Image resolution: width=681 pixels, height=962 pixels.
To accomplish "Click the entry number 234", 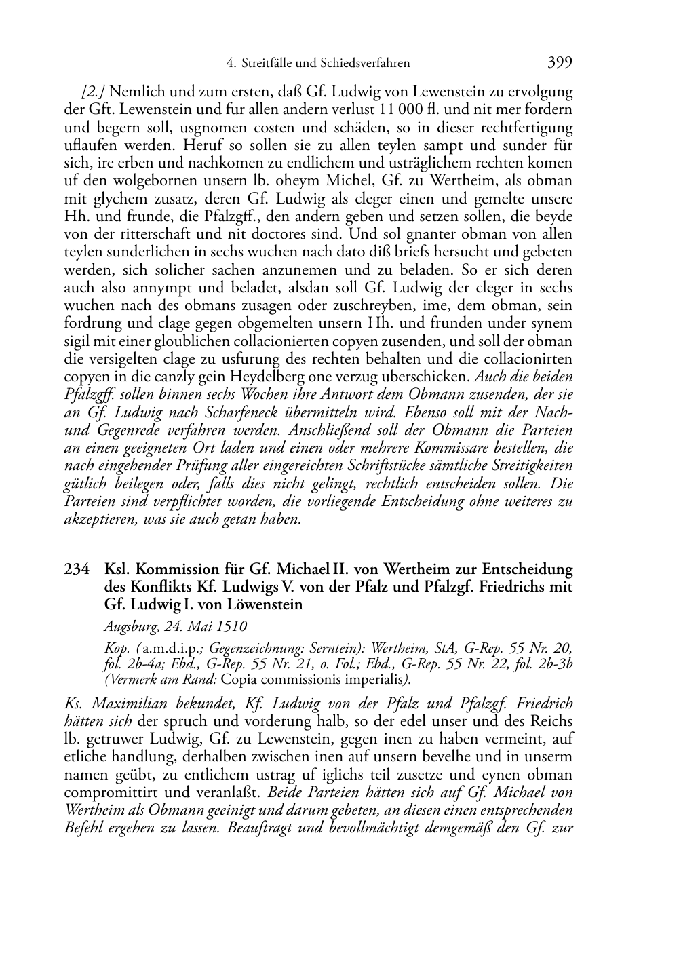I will (76, 569).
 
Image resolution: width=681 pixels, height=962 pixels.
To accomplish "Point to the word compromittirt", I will (104, 792).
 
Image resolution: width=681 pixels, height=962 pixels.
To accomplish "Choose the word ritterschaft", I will (150, 234).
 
